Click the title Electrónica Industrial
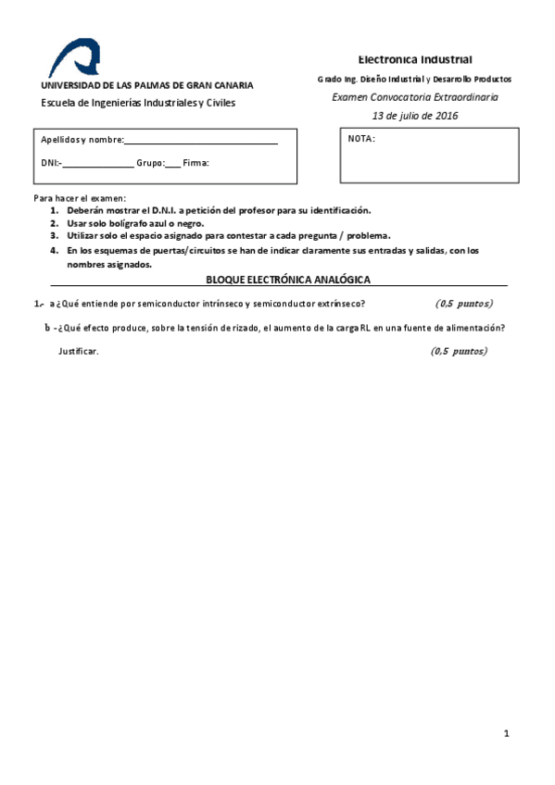415,59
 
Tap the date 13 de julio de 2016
415,116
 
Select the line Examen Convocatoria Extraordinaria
415,97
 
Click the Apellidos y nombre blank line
201,141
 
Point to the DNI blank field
98,164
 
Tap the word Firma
196,163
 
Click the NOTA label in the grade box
361,139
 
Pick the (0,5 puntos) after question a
464,304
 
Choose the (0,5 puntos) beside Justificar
459,351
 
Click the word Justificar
78,352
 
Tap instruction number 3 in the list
55,235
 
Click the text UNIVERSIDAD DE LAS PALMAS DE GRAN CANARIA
146,85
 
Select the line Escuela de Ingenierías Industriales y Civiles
138,103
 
